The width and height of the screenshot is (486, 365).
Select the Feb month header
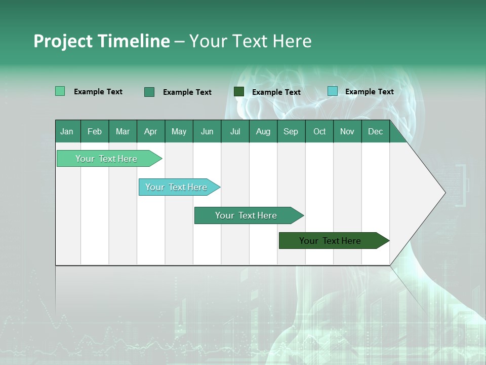95,131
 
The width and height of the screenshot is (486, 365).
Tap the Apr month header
151,131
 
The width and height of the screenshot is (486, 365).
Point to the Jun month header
207,131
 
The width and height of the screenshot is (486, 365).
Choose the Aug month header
263,131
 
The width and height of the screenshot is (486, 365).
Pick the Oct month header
319,131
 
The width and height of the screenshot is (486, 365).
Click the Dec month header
375,131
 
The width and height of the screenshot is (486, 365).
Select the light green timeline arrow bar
109,158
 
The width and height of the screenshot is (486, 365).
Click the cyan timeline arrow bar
179,187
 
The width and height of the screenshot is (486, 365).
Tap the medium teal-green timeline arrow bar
249,215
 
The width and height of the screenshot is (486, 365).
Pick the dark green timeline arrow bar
334,240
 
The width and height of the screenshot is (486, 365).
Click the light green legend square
60,91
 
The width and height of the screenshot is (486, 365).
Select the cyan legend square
333,91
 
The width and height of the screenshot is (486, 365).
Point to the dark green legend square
239,92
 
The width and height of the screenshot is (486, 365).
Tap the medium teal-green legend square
149,92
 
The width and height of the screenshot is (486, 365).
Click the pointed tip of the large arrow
445,193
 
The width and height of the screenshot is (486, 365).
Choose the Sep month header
291,131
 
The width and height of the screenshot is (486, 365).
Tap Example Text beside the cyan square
370,92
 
